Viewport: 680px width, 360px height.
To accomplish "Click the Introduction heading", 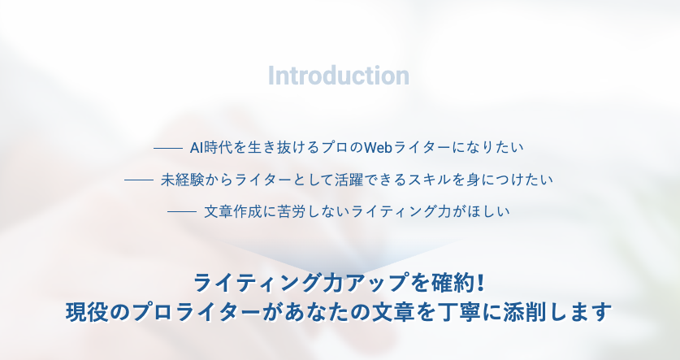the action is (x=339, y=76).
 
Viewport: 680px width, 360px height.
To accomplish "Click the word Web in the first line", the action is (x=378, y=148).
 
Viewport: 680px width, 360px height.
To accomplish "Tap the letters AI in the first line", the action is (x=197, y=148).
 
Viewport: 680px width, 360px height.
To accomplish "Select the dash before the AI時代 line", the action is (x=168, y=149).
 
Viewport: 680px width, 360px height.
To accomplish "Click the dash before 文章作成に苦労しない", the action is (x=182, y=212).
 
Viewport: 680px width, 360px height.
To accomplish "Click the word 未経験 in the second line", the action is (x=182, y=180).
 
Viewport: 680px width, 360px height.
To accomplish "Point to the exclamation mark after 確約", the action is (x=479, y=284).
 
